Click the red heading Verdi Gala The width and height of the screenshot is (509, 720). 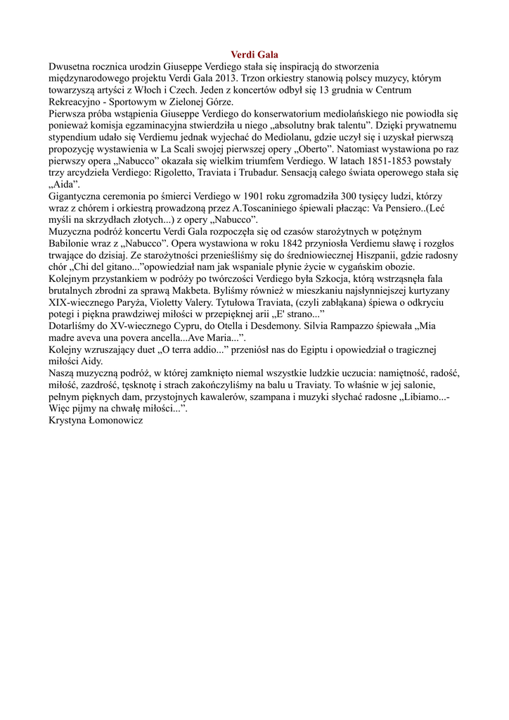[x=254, y=54]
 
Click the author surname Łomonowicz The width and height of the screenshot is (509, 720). [x=112, y=420]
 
